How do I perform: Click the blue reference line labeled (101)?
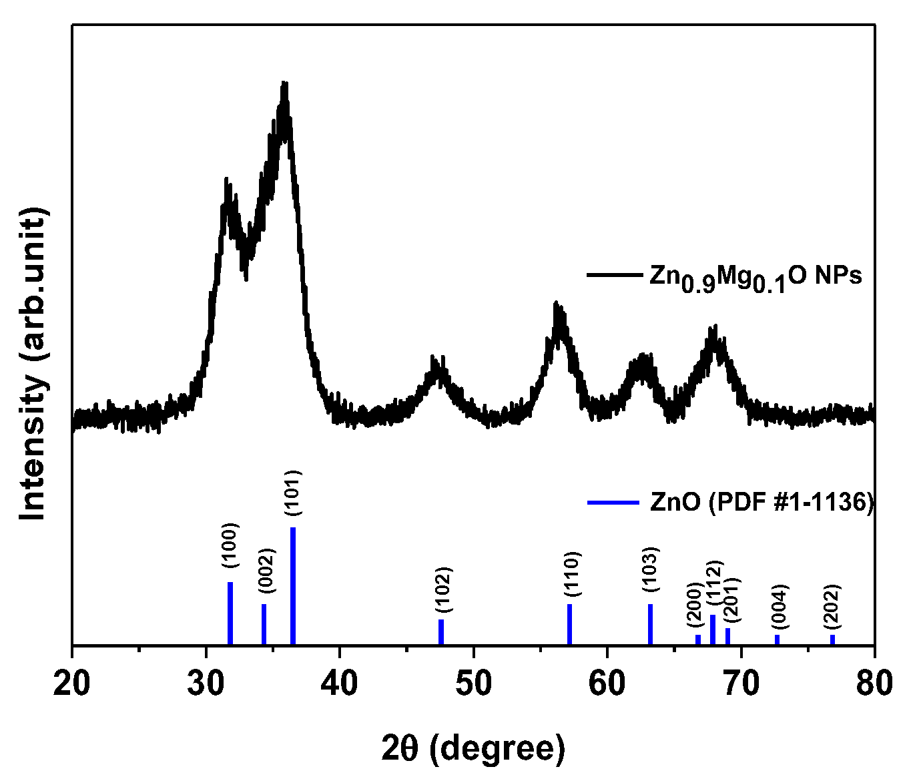coord(293,586)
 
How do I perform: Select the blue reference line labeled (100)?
coord(230,613)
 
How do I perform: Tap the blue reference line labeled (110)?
coord(569,624)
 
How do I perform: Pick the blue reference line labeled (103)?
coord(650,624)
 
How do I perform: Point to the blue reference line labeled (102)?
coord(441,631)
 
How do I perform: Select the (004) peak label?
coord(780,606)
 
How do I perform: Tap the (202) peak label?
coord(832,606)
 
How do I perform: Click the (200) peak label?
coord(695,605)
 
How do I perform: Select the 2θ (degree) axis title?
coord(473,748)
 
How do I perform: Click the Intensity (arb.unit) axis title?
coord(33,364)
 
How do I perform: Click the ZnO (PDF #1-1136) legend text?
coord(762,502)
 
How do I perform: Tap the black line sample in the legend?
coord(613,274)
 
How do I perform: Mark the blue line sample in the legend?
coord(613,502)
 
